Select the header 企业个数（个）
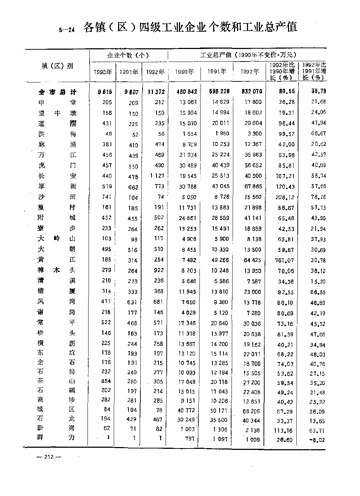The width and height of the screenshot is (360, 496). [x=128, y=55]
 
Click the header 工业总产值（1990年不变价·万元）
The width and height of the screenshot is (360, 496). [x=248, y=55]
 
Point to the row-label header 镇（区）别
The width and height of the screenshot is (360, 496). [x=57, y=66]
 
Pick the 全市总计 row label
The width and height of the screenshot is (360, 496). [x=58, y=92]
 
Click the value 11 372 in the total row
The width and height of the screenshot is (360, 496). [x=156, y=92]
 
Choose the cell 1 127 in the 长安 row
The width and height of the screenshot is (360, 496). [x=156, y=176]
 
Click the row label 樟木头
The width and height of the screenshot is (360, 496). [x=58, y=270]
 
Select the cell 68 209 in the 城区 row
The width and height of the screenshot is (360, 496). [x=251, y=410]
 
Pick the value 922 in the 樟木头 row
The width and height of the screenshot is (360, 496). [x=158, y=270]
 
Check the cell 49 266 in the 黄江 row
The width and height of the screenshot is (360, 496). [x=218, y=260]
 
